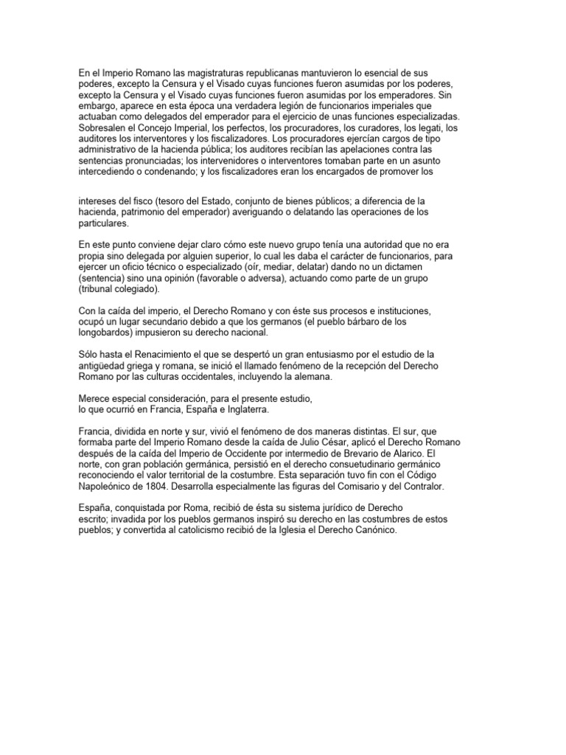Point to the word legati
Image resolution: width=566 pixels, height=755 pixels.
coord(428,128)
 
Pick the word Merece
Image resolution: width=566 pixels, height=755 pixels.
coord(97,398)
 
